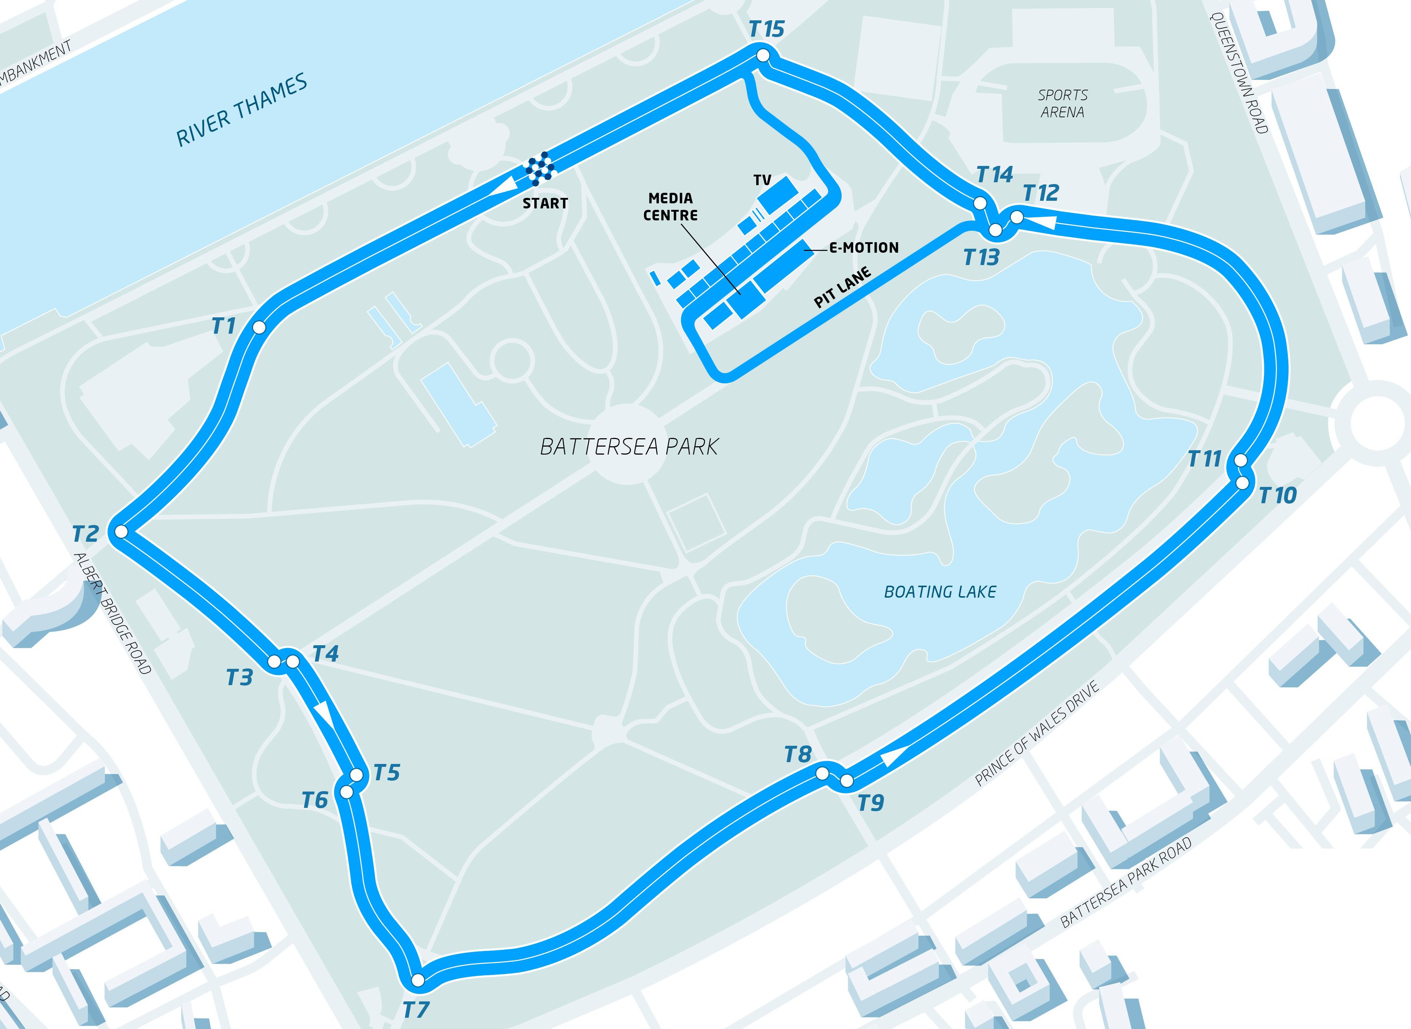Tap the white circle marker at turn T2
coord(121,531)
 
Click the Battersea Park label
coord(629,447)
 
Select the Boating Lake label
coord(940,592)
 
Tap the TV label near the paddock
coord(762,180)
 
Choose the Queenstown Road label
coord(1238,73)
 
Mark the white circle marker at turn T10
coord(1242,483)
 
